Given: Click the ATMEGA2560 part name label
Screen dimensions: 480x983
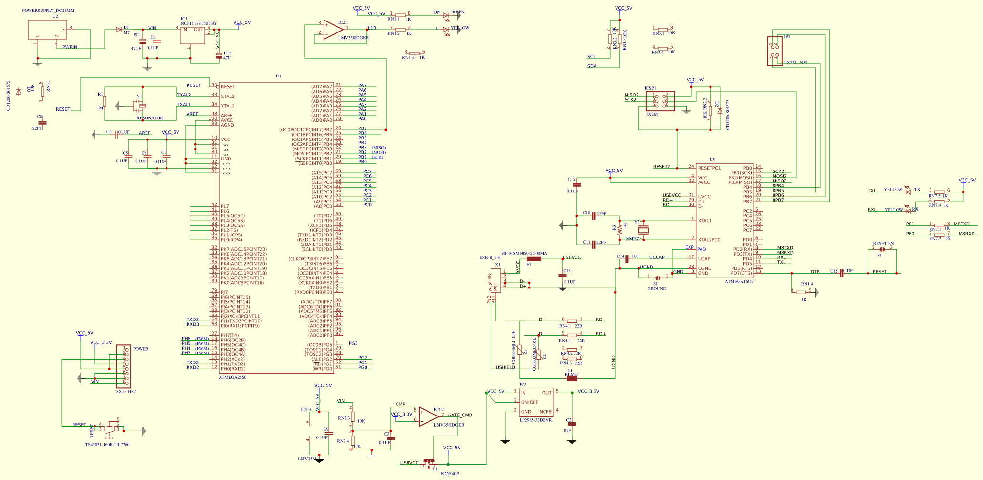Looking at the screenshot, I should pyautogui.click(x=232, y=377).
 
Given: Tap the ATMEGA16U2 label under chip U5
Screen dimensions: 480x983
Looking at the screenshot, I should pyautogui.click(x=739, y=281).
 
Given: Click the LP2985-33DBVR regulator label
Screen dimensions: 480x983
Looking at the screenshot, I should pyautogui.click(x=535, y=420).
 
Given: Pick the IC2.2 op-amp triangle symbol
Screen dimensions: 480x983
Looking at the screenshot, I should pyautogui.click(x=428, y=417).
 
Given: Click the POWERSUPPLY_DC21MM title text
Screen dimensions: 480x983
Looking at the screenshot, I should pyautogui.click(x=48, y=11).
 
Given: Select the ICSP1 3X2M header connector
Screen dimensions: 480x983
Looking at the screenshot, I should pyautogui.click(x=660, y=101).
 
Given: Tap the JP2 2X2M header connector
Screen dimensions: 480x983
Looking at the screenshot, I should pyautogui.click(x=774, y=51).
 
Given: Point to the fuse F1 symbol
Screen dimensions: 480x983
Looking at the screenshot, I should pyautogui.click(x=533, y=259).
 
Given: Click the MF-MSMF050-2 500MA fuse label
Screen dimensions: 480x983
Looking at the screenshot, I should pyautogui.click(x=524, y=253).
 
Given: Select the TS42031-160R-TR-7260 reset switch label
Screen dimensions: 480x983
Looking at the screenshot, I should pyautogui.click(x=107, y=445).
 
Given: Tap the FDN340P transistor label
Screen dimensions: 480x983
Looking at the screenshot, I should pyautogui.click(x=450, y=474).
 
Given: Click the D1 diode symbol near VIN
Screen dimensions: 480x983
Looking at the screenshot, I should pyautogui.click(x=119, y=30).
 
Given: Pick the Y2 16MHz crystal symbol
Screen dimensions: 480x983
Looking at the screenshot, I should pyautogui.click(x=644, y=230).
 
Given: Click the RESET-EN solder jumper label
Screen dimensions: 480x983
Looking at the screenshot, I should pyautogui.click(x=883, y=244).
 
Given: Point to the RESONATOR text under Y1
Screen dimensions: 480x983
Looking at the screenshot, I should pyautogui.click(x=150, y=118).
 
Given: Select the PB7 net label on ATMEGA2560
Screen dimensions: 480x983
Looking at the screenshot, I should pyautogui.click(x=363, y=128).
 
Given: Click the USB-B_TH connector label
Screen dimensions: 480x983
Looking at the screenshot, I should pyautogui.click(x=490, y=257).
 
